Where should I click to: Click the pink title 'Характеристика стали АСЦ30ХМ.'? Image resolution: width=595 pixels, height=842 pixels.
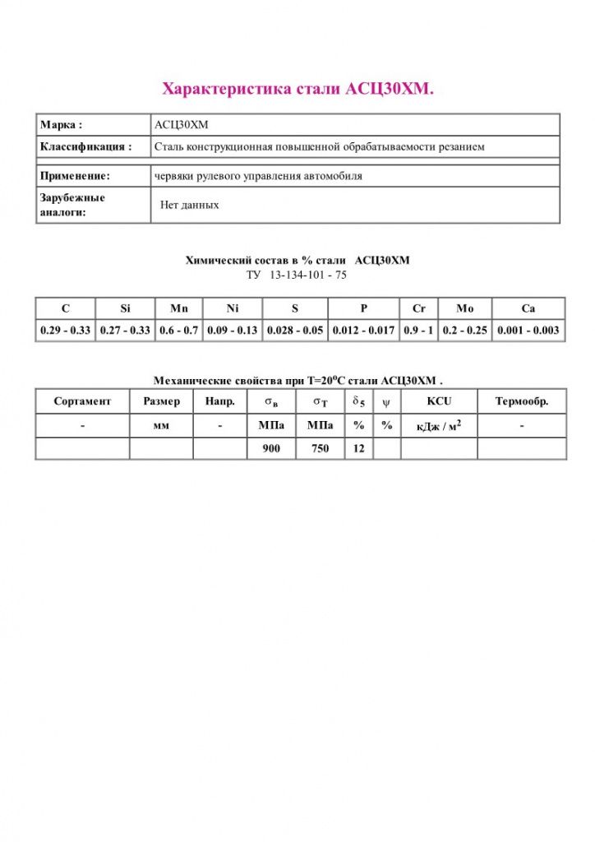297,88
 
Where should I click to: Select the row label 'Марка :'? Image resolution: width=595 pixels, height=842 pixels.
62,125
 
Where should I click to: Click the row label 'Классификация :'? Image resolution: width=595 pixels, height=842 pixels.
86,146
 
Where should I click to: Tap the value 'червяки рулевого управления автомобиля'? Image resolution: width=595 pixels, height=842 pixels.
258,176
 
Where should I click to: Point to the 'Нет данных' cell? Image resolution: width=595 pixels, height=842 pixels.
190,205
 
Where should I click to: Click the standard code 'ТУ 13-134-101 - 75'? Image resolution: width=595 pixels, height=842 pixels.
297,275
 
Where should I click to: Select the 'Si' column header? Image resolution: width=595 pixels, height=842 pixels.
125,308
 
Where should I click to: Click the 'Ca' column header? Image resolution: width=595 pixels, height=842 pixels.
528,308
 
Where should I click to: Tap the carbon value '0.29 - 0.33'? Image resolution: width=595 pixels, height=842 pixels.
65,331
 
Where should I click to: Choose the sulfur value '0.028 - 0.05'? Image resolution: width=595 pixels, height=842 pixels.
294,331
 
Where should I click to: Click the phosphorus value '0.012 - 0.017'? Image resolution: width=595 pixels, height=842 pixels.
363,331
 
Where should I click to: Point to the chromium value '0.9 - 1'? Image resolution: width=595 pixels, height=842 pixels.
418,331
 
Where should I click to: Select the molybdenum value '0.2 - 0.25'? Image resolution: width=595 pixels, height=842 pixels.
464,331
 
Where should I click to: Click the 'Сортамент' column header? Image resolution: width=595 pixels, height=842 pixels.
82,401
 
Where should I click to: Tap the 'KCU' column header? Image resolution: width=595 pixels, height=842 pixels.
439,401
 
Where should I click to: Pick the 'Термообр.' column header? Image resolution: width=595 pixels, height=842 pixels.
522,401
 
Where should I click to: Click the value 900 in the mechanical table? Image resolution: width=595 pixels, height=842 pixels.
272,449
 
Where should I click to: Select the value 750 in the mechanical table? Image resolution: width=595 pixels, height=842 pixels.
320,449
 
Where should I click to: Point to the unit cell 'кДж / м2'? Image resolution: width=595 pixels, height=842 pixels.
439,425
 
